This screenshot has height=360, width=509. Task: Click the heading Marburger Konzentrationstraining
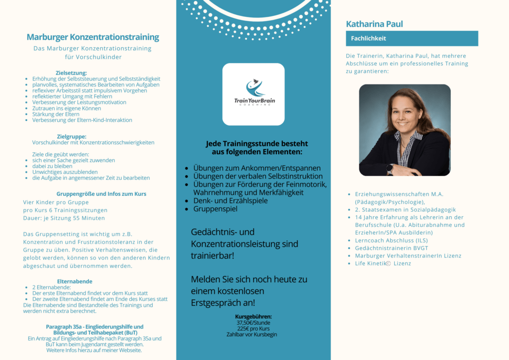93,37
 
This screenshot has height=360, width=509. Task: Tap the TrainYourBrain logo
254,94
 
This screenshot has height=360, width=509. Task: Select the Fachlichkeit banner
412,38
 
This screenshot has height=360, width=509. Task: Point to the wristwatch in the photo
390,169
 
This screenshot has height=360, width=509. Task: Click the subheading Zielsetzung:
71,73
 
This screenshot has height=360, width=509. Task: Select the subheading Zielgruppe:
72,136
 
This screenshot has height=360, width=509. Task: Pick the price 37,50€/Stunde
254,323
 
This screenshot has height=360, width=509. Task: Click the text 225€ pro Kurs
254,329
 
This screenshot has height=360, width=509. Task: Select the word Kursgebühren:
254,317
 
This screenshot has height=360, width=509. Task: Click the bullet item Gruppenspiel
215,209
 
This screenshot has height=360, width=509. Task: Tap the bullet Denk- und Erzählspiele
230,200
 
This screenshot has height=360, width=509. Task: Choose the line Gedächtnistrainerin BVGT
392,248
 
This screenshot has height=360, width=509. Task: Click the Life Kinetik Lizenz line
383,264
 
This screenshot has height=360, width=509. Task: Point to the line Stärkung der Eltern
56,114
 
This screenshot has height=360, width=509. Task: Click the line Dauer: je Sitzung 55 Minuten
64,218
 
